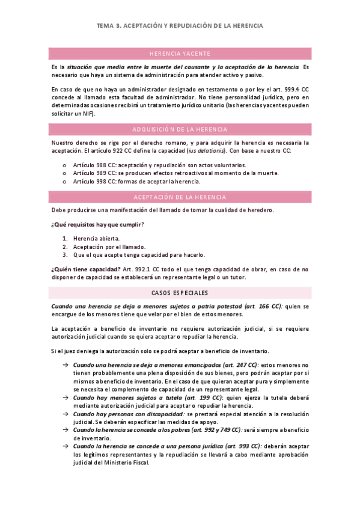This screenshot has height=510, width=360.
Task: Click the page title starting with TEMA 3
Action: [x=180, y=26]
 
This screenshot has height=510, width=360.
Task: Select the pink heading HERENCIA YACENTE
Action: [x=180, y=54]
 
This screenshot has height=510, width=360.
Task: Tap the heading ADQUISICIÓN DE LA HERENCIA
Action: [x=180, y=129]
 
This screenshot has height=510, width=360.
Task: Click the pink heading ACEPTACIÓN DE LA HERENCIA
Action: [x=180, y=197]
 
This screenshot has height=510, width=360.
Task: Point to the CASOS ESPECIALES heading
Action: [x=180, y=292]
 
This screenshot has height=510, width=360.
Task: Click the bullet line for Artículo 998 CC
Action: [x=136, y=181]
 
